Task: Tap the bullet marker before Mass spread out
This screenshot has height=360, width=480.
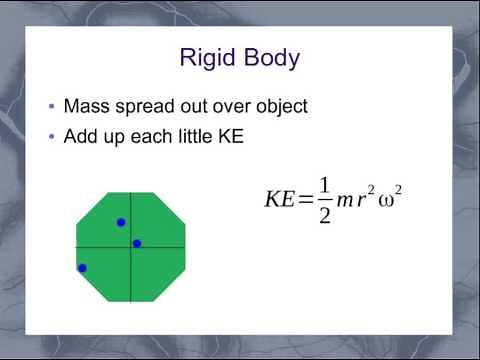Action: (51, 107)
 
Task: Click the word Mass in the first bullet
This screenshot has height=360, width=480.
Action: (86, 106)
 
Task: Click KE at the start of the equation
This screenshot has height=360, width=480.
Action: (278, 199)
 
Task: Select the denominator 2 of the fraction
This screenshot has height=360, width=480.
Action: (324, 215)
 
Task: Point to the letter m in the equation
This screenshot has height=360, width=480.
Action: (346, 200)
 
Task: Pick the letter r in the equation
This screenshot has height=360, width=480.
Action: (362, 200)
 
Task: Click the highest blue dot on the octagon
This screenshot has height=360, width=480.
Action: (121, 222)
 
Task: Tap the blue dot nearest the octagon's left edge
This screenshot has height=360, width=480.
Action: (82, 268)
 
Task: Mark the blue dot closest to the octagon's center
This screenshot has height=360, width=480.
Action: (137, 243)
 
